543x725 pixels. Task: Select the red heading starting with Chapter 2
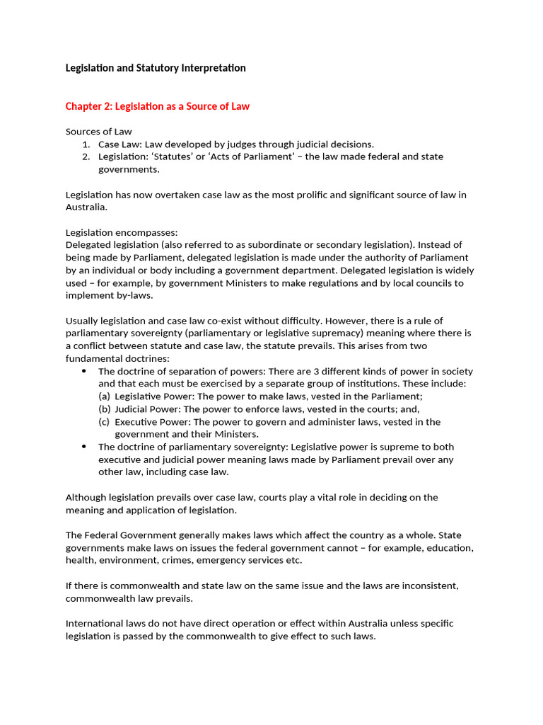(157, 106)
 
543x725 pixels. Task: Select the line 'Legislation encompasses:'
(122, 232)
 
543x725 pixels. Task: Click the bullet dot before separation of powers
(84, 371)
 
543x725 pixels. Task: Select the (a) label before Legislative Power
(104, 396)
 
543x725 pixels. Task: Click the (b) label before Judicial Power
(104, 409)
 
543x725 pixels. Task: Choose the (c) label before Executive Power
(104, 422)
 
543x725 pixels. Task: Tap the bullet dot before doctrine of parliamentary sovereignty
(84, 447)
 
